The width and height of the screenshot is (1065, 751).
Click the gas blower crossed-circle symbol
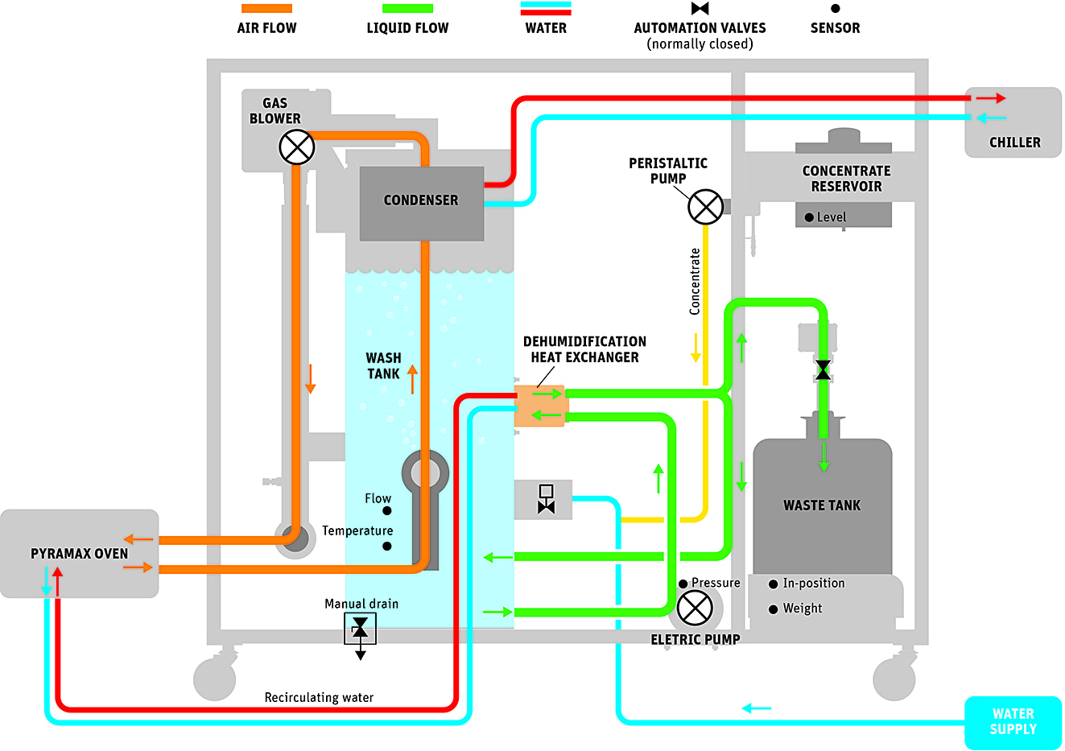tap(296, 147)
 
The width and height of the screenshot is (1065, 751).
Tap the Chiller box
tap(1013, 123)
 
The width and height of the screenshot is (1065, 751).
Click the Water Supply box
tap(1013, 721)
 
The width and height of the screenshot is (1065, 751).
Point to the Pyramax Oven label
tap(79, 554)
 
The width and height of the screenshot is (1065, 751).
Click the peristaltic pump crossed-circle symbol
tap(705, 207)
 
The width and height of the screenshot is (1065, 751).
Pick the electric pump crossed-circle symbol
tap(695, 608)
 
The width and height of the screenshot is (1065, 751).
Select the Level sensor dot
tap(809, 217)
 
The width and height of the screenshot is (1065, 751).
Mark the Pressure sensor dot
tap(683, 584)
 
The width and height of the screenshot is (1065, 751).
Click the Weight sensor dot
tap(774, 609)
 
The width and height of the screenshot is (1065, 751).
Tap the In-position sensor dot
tap(774, 584)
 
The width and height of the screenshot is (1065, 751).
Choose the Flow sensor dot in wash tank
tap(387, 511)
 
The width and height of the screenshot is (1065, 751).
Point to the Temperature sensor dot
tap(387, 547)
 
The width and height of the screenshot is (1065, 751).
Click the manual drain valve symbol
tap(360, 628)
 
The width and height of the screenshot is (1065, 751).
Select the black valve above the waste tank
tap(823, 370)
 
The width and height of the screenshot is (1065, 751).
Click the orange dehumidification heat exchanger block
tap(539, 406)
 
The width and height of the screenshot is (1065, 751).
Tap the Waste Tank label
tap(822, 505)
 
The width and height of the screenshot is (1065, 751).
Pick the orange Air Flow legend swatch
tap(266, 9)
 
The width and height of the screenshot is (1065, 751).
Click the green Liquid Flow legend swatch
tap(407, 9)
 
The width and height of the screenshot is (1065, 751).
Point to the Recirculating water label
tap(319, 698)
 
